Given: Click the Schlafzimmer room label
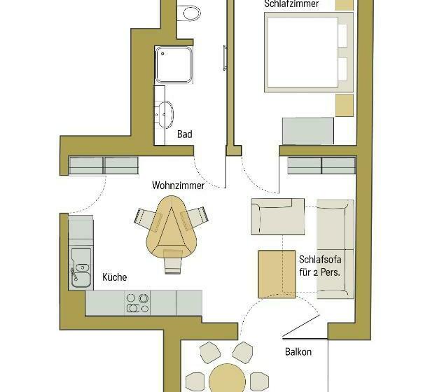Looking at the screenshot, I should click(292, 4).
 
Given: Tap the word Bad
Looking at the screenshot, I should click(184, 134).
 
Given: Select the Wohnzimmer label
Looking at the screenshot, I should click(178, 186).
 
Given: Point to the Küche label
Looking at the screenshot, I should click(115, 277).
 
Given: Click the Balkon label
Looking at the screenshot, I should click(298, 352).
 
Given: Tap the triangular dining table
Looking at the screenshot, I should click(170, 226).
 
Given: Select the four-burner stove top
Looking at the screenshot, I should click(137, 302).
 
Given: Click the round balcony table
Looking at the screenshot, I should click(228, 378).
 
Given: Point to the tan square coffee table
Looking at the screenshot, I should click(276, 273).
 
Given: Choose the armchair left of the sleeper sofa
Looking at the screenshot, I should click(278, 216).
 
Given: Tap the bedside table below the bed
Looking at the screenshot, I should click(345, 105).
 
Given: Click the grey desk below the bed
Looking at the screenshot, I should click(307, 131).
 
